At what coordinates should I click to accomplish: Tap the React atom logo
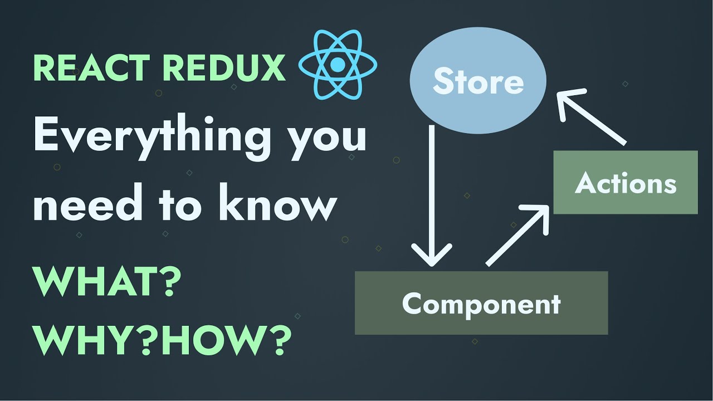click(x=338, y=66)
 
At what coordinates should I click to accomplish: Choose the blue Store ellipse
click(x=478, y=82)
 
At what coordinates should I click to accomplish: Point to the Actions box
click(x=625, y=183)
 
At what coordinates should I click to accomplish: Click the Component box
click(x=481, y=304)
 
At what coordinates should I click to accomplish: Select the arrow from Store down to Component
click(x=432, y=195)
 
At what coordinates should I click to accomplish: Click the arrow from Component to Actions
click(x=516, y=234)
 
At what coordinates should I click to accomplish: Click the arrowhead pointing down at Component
click(x=432, y=257)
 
